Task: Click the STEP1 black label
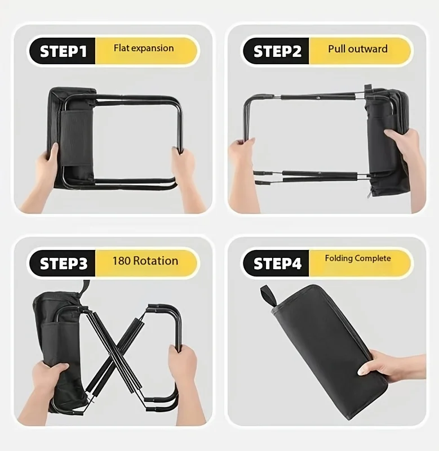click(63, 51)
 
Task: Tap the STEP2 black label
click(276, 51)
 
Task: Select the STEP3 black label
click(63, 263)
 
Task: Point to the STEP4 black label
click(276, 263)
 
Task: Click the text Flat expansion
click(144, 48)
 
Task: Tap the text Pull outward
click(358, 48)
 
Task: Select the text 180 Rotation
click(145, 261)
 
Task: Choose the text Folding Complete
click(358, 258)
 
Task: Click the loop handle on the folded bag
click(268, 296)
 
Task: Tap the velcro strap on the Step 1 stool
click(76, 137)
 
